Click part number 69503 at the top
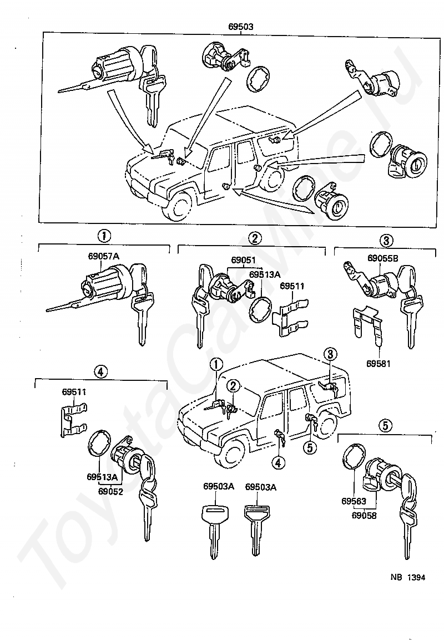[241, 27]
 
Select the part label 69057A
[103, 256]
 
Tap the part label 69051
[243, 260]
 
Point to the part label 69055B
[382, 258]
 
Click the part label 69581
[379, 363]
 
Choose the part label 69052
[110, 491]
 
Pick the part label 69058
[364, 515]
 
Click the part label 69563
[354, 501]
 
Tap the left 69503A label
[219, 486]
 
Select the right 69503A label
[261, 487]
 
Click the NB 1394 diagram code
[407, 577]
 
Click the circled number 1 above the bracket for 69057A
[104, 236]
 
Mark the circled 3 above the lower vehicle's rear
[330, 353]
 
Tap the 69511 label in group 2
[292, 286]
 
